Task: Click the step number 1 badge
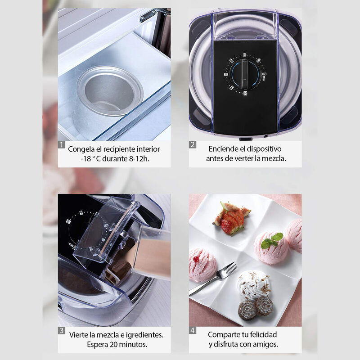62,145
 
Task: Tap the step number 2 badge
193,145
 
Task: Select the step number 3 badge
62,331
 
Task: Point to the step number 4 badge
193,331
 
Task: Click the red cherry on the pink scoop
196,259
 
